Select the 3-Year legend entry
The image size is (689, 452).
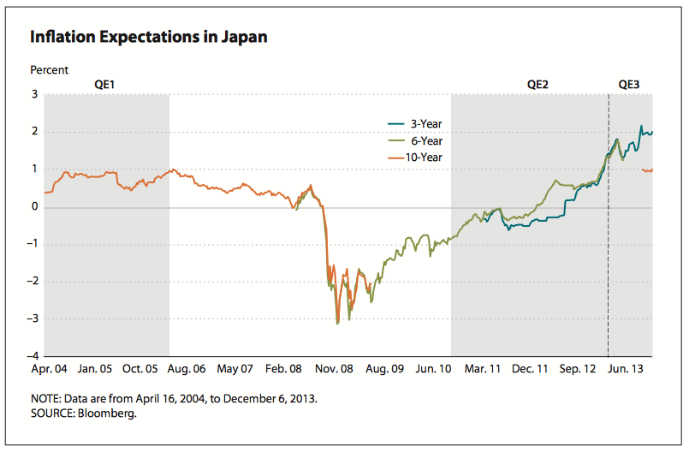pyautogui.click(x=425, y=124)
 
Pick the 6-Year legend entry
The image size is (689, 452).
pyautogui.click(x=425, y=140)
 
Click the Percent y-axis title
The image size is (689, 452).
pyautogui.click(x=49, y=70)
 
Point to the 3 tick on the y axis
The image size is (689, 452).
pyautogui.click(x=35, y=94)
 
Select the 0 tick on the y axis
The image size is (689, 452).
pyautogui.click(x=35, y=206)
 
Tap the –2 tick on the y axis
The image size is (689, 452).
pyautogui.click(x=33, y=282)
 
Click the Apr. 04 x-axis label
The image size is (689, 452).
pyautogui.click(x=49, y=369)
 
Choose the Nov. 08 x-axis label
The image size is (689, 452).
pyautogui.click(x=335, y=369)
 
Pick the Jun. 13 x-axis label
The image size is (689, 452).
pyautogui.click(x=627, y=369)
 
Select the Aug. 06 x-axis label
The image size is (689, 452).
pyautogui.click(x=187, y=369)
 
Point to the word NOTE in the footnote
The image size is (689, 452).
pyautogui.click(x=45, y=399)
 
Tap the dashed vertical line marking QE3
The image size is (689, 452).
pyautogui.click(x=609, y=257)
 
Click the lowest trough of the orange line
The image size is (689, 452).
pyautogui.click(x=338, y=324)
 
